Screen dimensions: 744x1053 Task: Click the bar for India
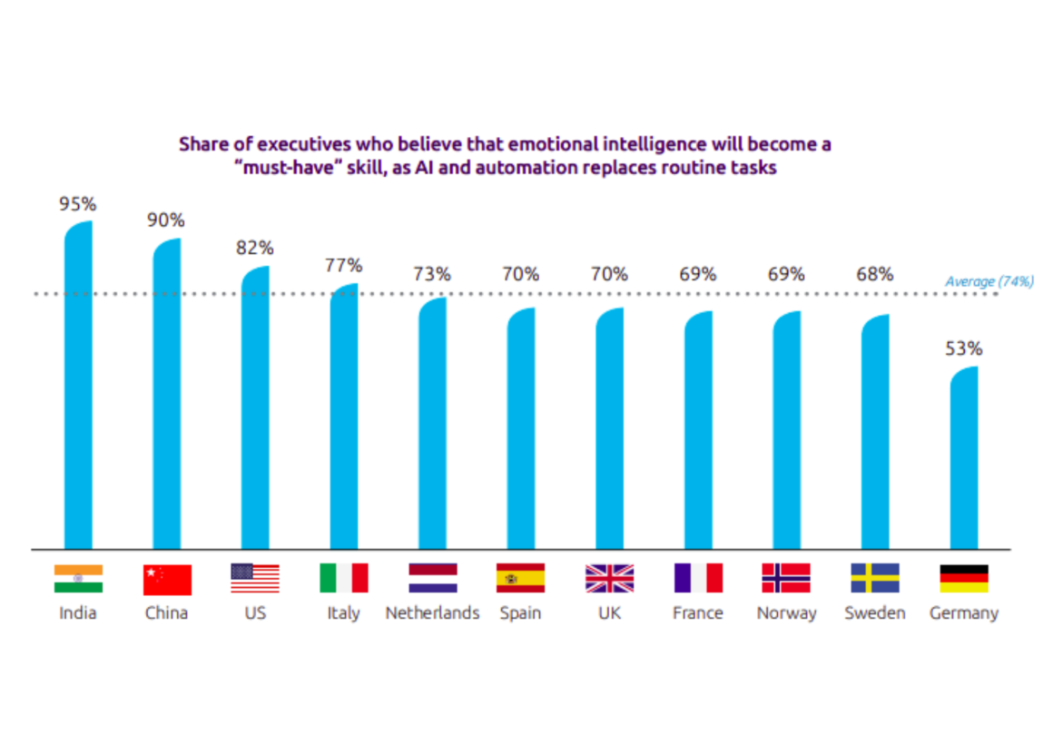[x=78, y=386]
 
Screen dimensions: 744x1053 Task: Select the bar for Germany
[x=964, y=458]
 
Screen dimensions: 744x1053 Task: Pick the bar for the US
[x=255, y=408]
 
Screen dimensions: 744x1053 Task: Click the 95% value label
[x=78, y=204]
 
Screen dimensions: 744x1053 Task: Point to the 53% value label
[x=964, y=348]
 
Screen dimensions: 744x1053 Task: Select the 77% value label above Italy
[x=344, y=266]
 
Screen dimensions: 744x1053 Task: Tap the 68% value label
[x=875, y=274]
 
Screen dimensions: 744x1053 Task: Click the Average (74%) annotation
[x=989, y=282]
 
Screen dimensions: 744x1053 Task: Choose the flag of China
[x=167, y=579]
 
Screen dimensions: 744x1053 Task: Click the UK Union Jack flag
[x=609, y=579]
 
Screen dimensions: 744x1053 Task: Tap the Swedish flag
[x=875, y=579]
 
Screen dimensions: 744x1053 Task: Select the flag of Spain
[x=520, y=579]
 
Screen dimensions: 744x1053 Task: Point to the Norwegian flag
[x=786, y=579]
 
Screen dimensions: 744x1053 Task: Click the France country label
[x=698, y=613]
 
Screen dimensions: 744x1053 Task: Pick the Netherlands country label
[x=432, y=613]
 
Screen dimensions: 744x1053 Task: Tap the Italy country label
[x=344, y=613]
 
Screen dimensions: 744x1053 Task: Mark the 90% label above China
[x=167, y=220]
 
